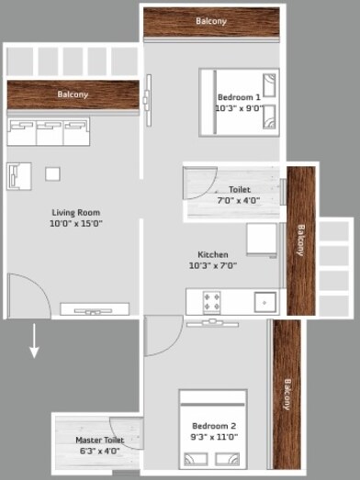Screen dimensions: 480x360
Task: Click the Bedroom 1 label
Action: click(x=240, y=102)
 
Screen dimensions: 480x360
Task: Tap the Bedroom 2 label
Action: click(x=214, y=430)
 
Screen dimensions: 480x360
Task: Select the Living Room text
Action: click(x=75, y=217)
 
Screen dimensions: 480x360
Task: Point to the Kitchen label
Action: click(x=213, y=259)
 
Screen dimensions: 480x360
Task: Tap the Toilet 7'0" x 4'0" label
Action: click(x=239, y=195)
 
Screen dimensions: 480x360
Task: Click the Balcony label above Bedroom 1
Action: click(x=210, y=20)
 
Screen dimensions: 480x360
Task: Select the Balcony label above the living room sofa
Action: click(x=73, y=95)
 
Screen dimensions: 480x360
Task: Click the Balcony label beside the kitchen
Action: click(x=300, y=240)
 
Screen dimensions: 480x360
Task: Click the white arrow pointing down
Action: click(x=34, y=340)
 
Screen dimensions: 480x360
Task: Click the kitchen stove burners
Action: click(x=212, y=300)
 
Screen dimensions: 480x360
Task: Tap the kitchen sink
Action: click(x=264, y=300)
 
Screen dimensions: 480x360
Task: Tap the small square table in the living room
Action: click(x=52, y=173)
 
